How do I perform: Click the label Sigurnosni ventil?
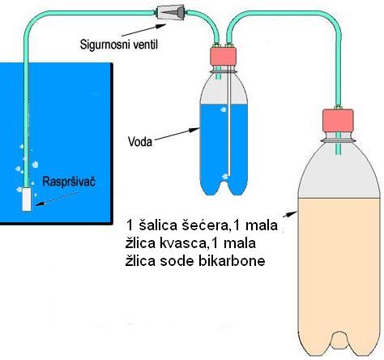click(119, 45)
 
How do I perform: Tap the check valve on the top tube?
click(170, 12)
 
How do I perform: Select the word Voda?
click(140, 142)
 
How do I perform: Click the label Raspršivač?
click(69, 182)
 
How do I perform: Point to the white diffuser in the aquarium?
click(27, 199)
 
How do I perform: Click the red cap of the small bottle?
click(223, 56)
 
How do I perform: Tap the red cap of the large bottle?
click(338, 120)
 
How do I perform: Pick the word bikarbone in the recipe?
click(232, 261)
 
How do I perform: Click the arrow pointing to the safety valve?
click(143, 30)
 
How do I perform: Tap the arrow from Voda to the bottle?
click(177, 135)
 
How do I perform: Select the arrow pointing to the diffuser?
click(58, 199)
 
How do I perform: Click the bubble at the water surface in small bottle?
click(224, 109)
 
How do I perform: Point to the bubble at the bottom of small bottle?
click(225, 177)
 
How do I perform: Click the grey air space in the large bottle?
click(339, 176)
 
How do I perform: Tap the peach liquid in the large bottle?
click(339, 270)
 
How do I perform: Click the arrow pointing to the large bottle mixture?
click(290, 214)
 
